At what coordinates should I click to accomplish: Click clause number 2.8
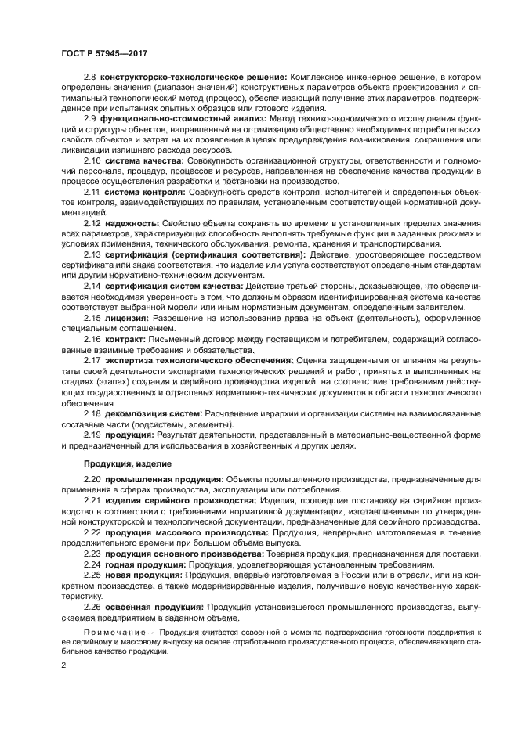(89, 77)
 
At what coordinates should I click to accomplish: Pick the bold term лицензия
(127, 316)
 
